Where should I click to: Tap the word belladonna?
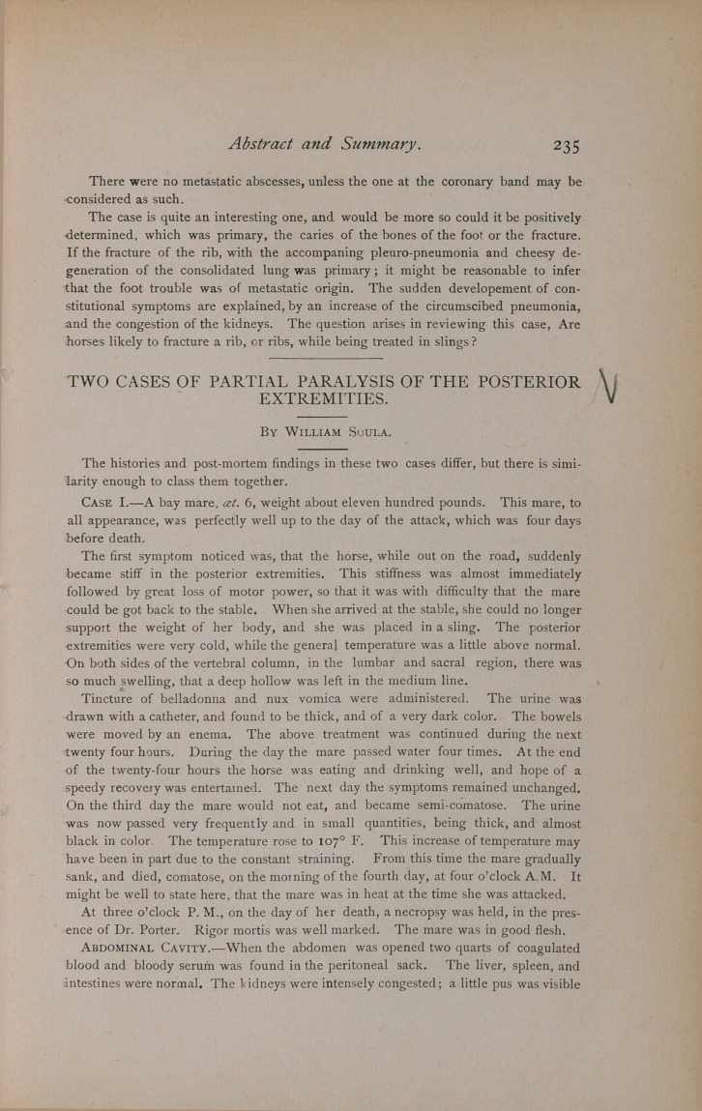click(x=219, y=698)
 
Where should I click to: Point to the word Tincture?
click(x=115, y=698)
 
